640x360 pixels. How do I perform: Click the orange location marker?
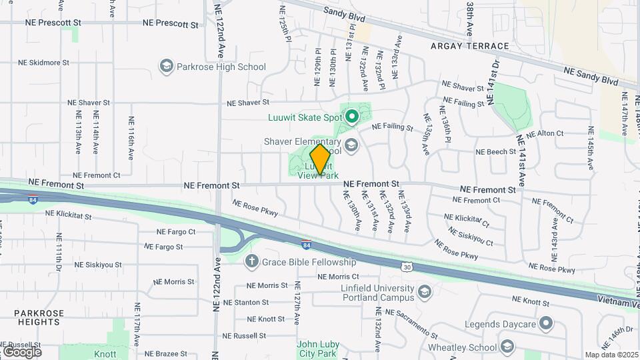[321, 159]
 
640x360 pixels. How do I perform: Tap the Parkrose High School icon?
[166, 67]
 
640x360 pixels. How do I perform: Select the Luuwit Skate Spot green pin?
[351, 117]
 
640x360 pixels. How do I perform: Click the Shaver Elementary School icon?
[351, 144]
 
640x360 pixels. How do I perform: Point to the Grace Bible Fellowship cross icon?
[252, 261]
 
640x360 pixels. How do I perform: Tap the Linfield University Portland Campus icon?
[425, 291]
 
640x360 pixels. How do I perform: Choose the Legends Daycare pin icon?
[546, 324]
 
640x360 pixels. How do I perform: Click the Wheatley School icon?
[507, 347]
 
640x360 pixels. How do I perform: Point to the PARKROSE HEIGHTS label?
[39, 317]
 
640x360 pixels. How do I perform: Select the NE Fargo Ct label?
[175, 232]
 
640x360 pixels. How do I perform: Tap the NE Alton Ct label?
[545, 133]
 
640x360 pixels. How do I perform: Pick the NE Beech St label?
[495, 152]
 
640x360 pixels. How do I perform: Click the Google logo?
[21, 351]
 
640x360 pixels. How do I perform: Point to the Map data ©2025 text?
[611, 355]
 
